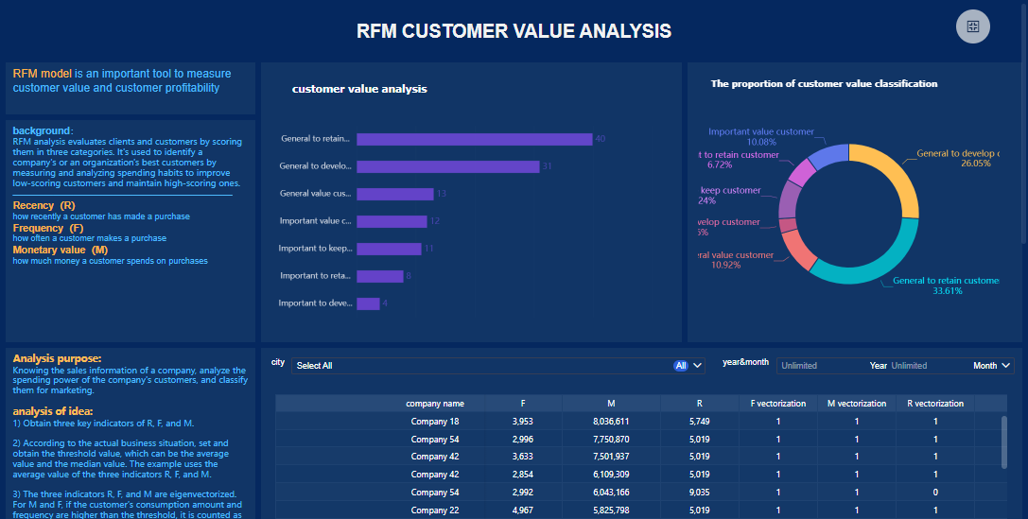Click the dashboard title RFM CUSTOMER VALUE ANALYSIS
[x=514, y=31]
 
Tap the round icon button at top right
[x=972, y=26]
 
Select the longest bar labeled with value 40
[x=474, y=139]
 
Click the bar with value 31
[x=447, y=166]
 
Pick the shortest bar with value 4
[x=368, y=303]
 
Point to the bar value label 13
[x=441, y=194]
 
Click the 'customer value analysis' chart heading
[x=359, y=89]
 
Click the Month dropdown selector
[x=992, y=366]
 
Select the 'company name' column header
[x=435, y=404]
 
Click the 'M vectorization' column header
[x=856, y=404]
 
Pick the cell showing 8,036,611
[x=610, y=421]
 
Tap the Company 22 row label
[x=435, y=510]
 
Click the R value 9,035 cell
[x=699, y=493]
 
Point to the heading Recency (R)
[x=44, y=205]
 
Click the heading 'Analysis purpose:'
[x=57, y=358]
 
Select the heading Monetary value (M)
[x=60, y=250]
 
